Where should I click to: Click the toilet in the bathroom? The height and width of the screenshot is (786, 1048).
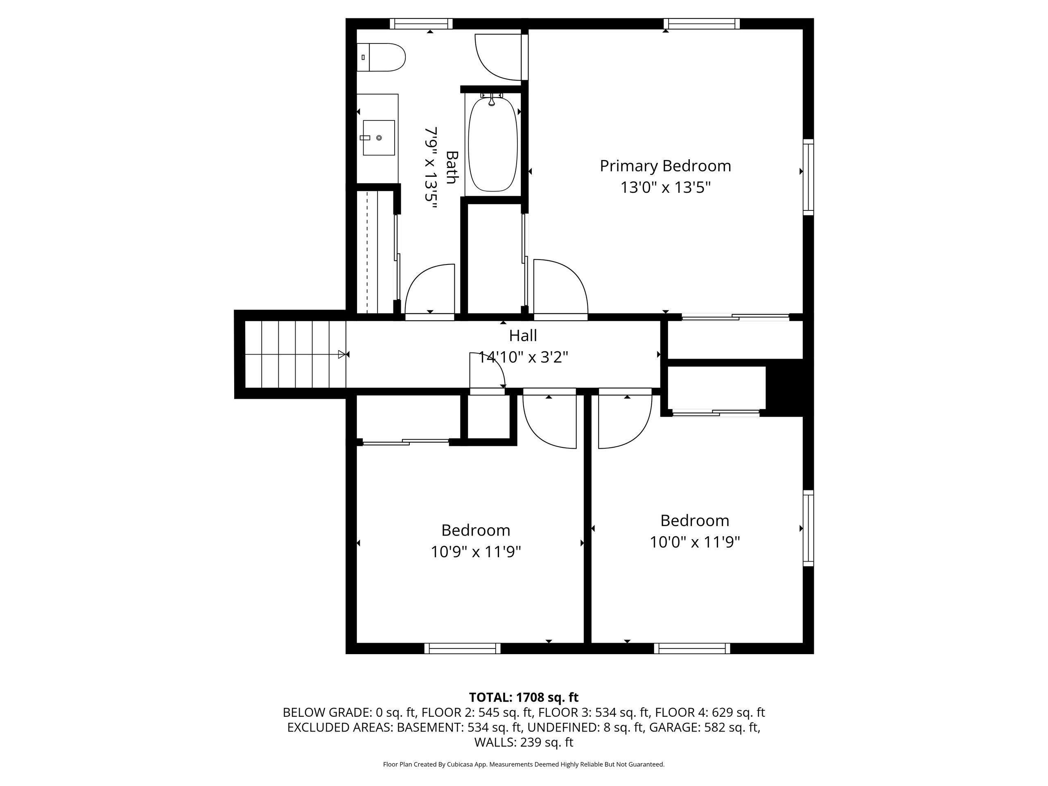point(381,57)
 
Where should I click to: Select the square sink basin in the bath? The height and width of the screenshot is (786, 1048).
point(379,138)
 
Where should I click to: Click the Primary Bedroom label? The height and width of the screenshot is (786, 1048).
point(665,166)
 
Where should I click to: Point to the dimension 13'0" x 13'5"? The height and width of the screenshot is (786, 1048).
point(666,187)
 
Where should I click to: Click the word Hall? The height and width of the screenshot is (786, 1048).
point(523,335)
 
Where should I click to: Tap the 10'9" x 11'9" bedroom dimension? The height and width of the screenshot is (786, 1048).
point(476,552)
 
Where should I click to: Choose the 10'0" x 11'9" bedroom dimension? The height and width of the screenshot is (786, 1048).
point(695,542)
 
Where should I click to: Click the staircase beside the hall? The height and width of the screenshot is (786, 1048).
point(295,355)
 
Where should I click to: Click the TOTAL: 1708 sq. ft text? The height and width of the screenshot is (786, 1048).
point(524,698)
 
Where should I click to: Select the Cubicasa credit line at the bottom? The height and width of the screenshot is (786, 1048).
point(524,764)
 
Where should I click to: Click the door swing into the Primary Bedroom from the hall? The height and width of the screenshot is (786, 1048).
point(561,287)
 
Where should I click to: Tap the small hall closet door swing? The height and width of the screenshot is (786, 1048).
point(488,370)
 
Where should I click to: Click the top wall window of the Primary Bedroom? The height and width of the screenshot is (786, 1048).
point(702,24)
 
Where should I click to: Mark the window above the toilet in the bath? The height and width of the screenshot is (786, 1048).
point(421,24)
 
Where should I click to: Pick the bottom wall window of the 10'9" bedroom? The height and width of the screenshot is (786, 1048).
point(463,648)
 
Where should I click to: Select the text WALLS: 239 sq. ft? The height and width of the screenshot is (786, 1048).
point(524,743)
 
